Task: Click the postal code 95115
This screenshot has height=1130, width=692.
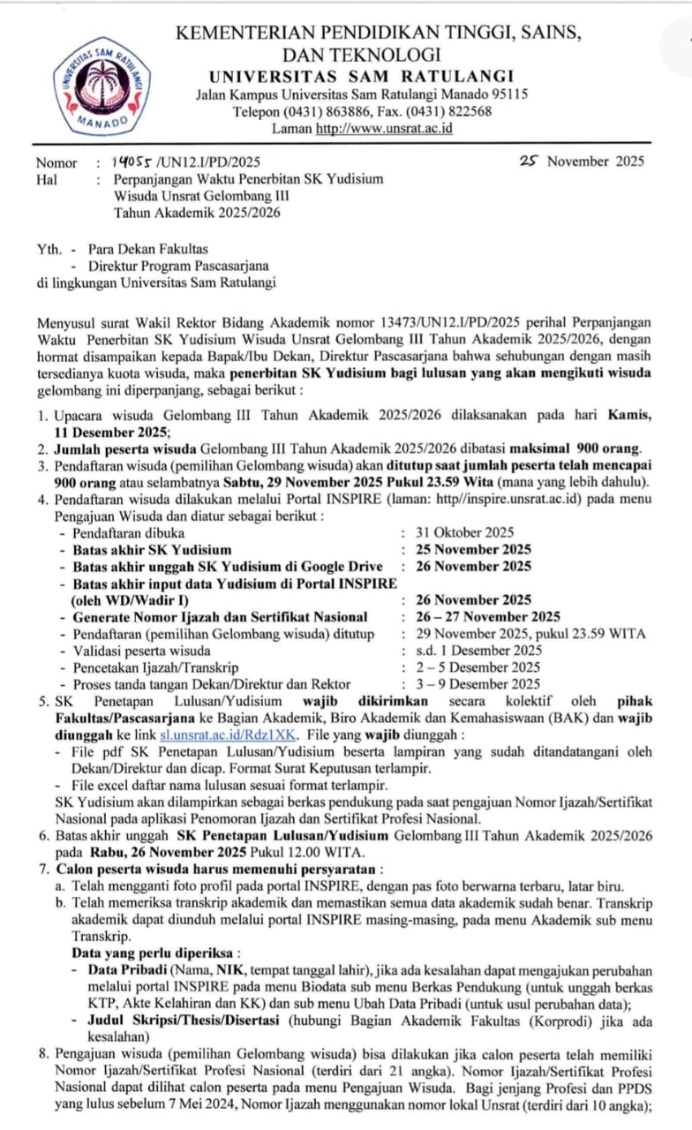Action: click(506, 94)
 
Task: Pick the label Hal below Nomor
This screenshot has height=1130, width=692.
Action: click(46, 178)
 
